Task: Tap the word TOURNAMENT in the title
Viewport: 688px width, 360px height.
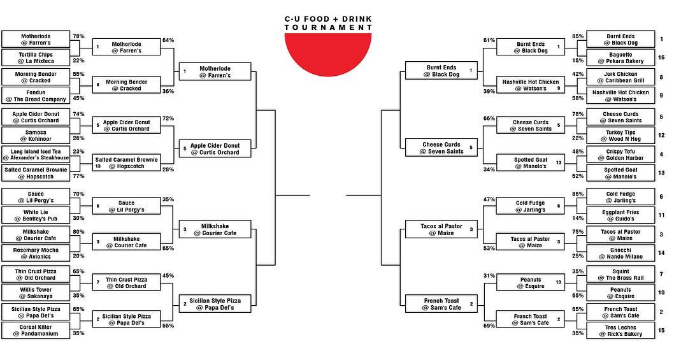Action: click(328, 27)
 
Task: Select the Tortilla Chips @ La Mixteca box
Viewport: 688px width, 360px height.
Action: click(36, 57)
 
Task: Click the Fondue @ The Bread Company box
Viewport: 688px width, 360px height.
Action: click(36, 96)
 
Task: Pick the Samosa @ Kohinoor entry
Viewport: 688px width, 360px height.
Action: click(36, 135)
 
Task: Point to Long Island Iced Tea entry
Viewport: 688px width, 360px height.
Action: click(36, 154)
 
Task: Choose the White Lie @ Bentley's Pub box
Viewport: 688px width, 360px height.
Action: click(36, 215)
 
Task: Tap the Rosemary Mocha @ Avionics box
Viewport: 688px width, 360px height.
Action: click(36, 253)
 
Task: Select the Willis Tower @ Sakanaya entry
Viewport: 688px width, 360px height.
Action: click(36, 292)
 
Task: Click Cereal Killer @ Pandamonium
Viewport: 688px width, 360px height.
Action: click(36, 330)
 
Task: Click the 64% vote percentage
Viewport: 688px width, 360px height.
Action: click(168, 40)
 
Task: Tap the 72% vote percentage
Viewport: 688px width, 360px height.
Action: click(168, 119)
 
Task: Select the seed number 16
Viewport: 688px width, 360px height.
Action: click(661, 57)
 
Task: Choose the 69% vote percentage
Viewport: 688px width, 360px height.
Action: click(489, 326)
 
